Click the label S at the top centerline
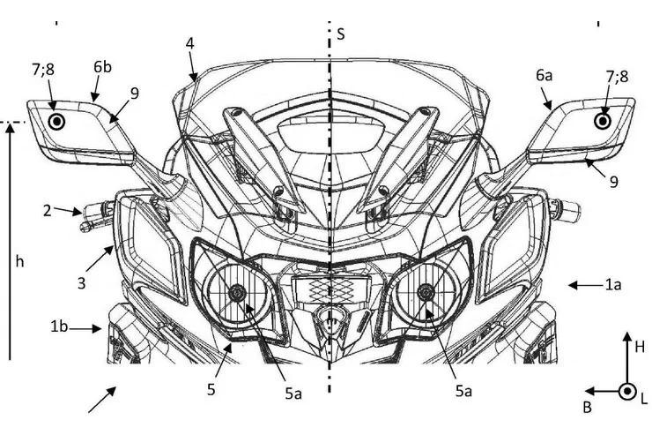coord(341,34)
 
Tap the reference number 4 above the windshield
coord(190,44)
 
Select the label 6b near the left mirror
coord(102,66)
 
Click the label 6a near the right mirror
coord(544,75)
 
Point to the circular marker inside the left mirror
coord(57,122)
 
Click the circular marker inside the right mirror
coord(603,121)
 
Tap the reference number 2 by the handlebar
coord(48,211)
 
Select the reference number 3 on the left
coord(81,283)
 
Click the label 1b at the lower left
coord(59,326)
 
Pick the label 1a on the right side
coord(613,285)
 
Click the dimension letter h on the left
coord(19,261)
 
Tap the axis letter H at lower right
coord(640,347)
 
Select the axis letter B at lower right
coord(587,407)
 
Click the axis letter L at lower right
coord(644,400)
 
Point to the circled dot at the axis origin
coord(627,391)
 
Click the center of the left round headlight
coord(237,293)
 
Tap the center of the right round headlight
coord(425,292)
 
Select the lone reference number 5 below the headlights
coord(211,390)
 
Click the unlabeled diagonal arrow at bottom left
coord(102,400)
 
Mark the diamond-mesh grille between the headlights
coord(330,288)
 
